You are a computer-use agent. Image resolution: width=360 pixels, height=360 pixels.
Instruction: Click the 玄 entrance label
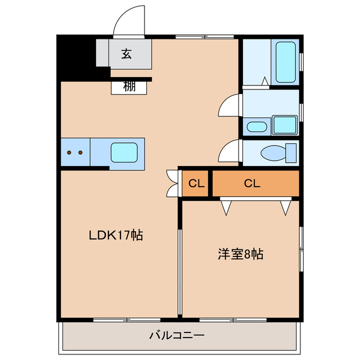coord(127,55)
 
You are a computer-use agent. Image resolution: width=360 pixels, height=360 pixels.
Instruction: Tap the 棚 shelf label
coord(129,87)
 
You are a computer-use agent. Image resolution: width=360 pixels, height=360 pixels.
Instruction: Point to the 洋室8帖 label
coord(241,254)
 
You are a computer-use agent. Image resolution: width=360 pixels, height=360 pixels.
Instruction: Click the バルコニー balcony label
coord(177,336)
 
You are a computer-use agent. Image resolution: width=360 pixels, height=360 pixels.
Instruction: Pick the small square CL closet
coord(196,183)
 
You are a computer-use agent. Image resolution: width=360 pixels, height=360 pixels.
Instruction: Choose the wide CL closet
coord(252,183)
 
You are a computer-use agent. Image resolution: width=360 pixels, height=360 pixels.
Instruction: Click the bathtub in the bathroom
coord(285,61)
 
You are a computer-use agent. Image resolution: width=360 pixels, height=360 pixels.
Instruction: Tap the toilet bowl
coord(276,152)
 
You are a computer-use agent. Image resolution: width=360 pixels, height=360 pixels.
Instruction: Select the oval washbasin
coord(256,127)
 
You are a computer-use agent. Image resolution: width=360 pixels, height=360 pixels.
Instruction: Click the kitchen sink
coord(123,152)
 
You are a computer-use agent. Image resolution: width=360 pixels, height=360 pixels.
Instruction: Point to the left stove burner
coord(69,152)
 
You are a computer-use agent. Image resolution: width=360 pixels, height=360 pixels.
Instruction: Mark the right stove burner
coord(80,152)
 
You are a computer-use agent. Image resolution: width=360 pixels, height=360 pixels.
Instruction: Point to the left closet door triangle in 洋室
coord(226,207)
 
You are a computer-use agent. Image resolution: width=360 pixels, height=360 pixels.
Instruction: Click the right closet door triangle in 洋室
coord(286,207)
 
